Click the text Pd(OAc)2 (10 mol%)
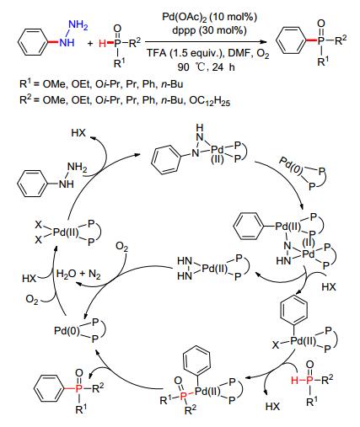(x=209, y=17)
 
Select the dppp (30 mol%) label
(x=209, y=30)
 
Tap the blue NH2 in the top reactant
(x=78, y=25)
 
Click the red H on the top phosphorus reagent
(x=103, y=43)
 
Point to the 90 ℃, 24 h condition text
(x=206, y=67)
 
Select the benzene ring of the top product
(x=291, y=40)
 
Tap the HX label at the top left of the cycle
(x=78, y=132)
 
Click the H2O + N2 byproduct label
(x=78, y=274)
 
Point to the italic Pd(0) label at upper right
(x=291, y=166)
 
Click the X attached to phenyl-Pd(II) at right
(x=276, y=344)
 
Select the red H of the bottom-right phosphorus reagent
(x=295, y=381)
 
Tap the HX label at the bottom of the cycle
(x=272, y=407)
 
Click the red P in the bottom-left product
(x=79, y=388)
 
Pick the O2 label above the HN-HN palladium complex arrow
(x=122, y=248)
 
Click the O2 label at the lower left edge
(x=32, y=300)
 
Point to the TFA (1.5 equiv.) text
(x=185, y=53)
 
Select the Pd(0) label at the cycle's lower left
(x=67, y=330)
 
